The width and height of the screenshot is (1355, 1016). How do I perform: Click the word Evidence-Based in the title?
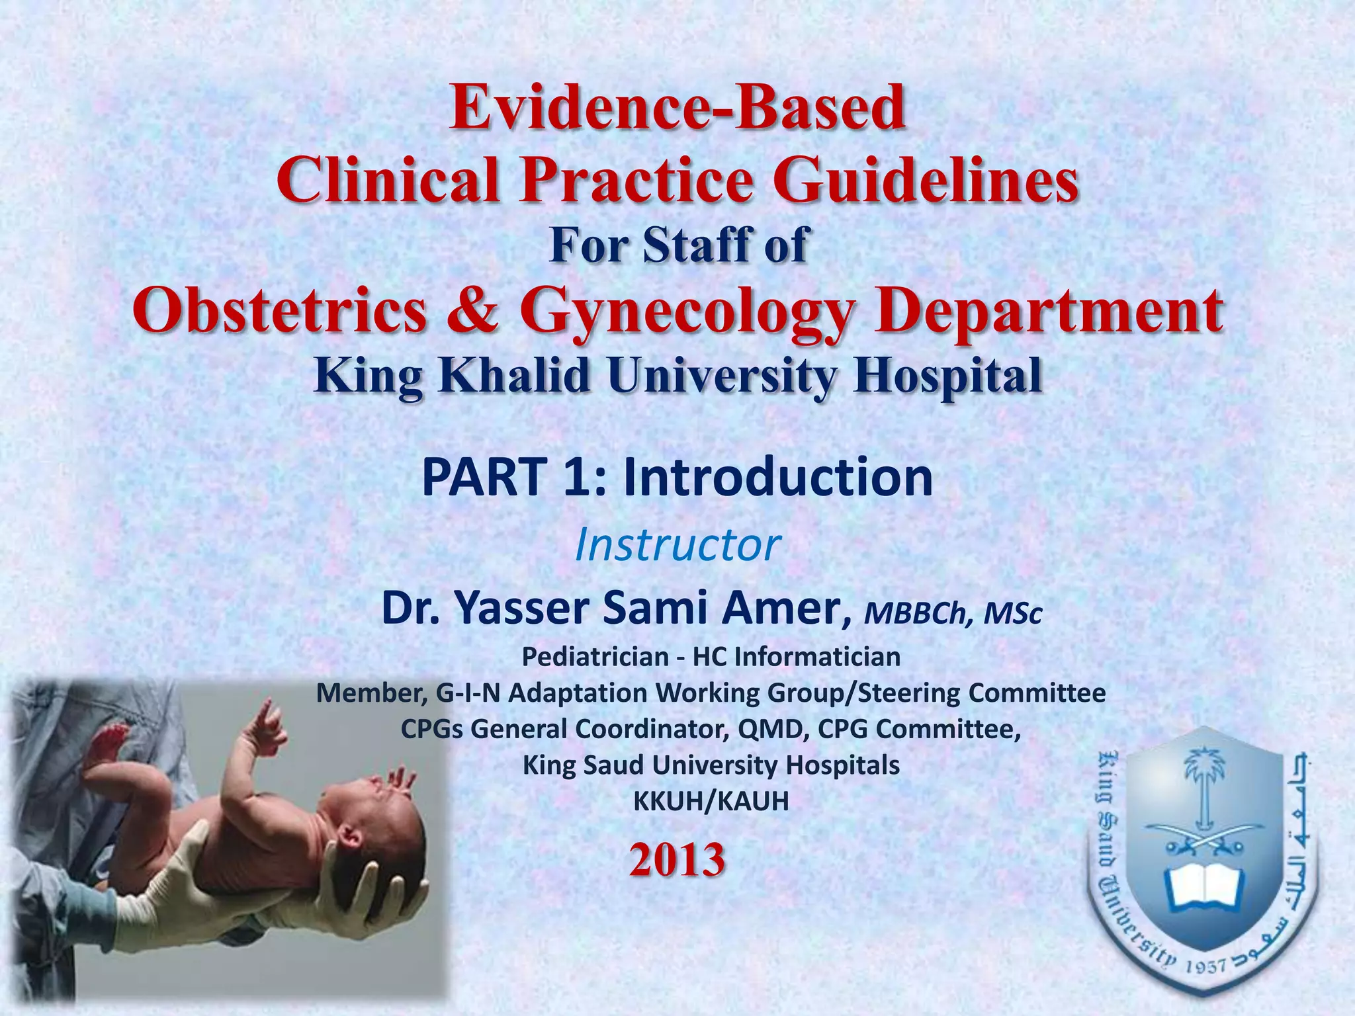[x=677, y=107]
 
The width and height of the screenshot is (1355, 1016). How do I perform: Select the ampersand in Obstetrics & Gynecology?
[x=472, y=311]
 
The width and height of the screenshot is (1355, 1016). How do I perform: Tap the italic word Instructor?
[x=677, y=545]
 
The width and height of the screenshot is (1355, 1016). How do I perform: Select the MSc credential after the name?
[x=1012, y=613]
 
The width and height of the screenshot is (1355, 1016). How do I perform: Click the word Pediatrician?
[x=595, y=657]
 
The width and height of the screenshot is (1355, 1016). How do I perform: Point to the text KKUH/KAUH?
[x=711, y=801]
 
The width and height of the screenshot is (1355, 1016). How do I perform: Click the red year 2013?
[x=677, y=860]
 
